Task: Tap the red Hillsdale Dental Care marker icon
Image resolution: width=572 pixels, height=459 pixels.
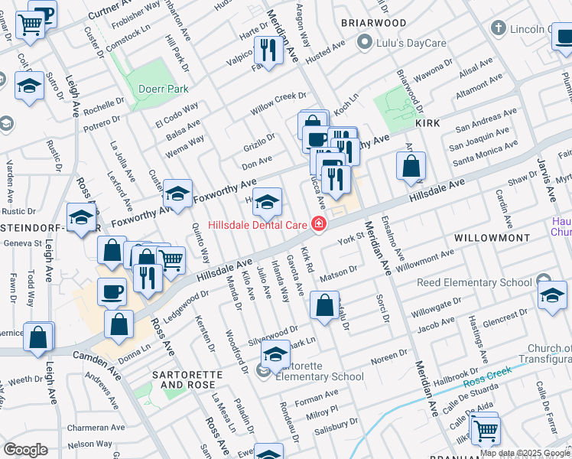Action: pos(317,224)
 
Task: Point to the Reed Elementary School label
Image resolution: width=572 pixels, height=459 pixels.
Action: pos(474,283)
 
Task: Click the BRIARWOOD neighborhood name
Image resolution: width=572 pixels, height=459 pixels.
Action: pos(374,23)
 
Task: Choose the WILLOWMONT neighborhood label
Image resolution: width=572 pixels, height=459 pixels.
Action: pos(492,239)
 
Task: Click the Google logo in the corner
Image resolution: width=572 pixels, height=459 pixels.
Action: pos(25,450)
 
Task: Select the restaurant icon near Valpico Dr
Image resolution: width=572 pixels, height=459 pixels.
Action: pos(268,51)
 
